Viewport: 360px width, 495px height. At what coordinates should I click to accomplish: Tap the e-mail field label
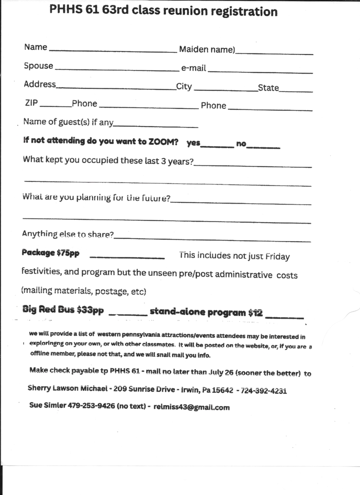(x=194, y=68)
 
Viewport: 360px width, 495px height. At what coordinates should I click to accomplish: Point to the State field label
(x=268, y=88)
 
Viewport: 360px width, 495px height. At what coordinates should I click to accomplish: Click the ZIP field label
(x=31, y=103)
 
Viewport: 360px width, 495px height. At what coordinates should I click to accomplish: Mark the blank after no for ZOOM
(x=263, y=148)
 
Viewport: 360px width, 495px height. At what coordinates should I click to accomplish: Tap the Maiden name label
(x=207, y=49)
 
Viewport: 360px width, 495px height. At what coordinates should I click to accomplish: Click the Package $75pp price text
(x=50, y=253)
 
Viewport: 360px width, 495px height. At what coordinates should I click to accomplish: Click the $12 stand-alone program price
(x=255, y=312)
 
